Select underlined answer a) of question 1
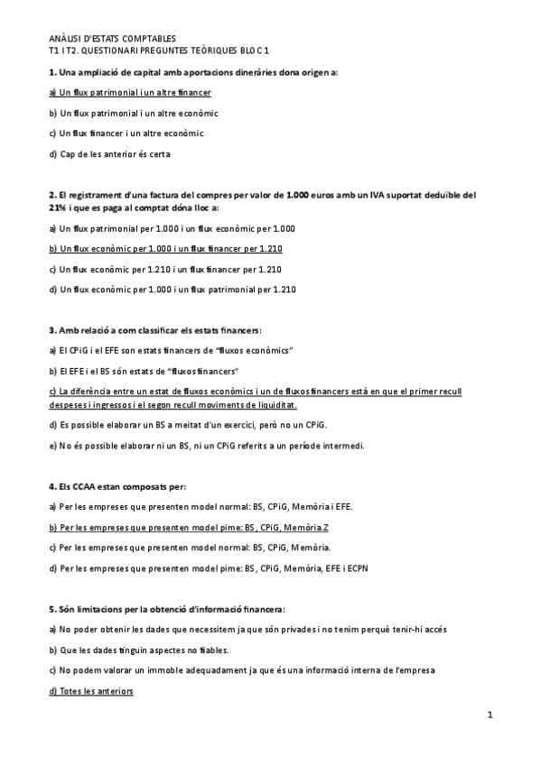(x=130, y=92)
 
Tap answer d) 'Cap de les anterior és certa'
(x=109, y=153)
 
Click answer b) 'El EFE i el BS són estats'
(x=149, y=371)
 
